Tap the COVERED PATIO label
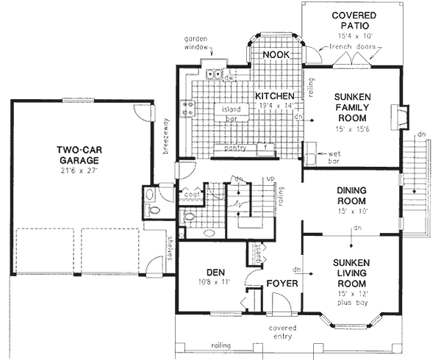353,21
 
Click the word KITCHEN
275,97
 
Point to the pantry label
235,148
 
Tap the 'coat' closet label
191,195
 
